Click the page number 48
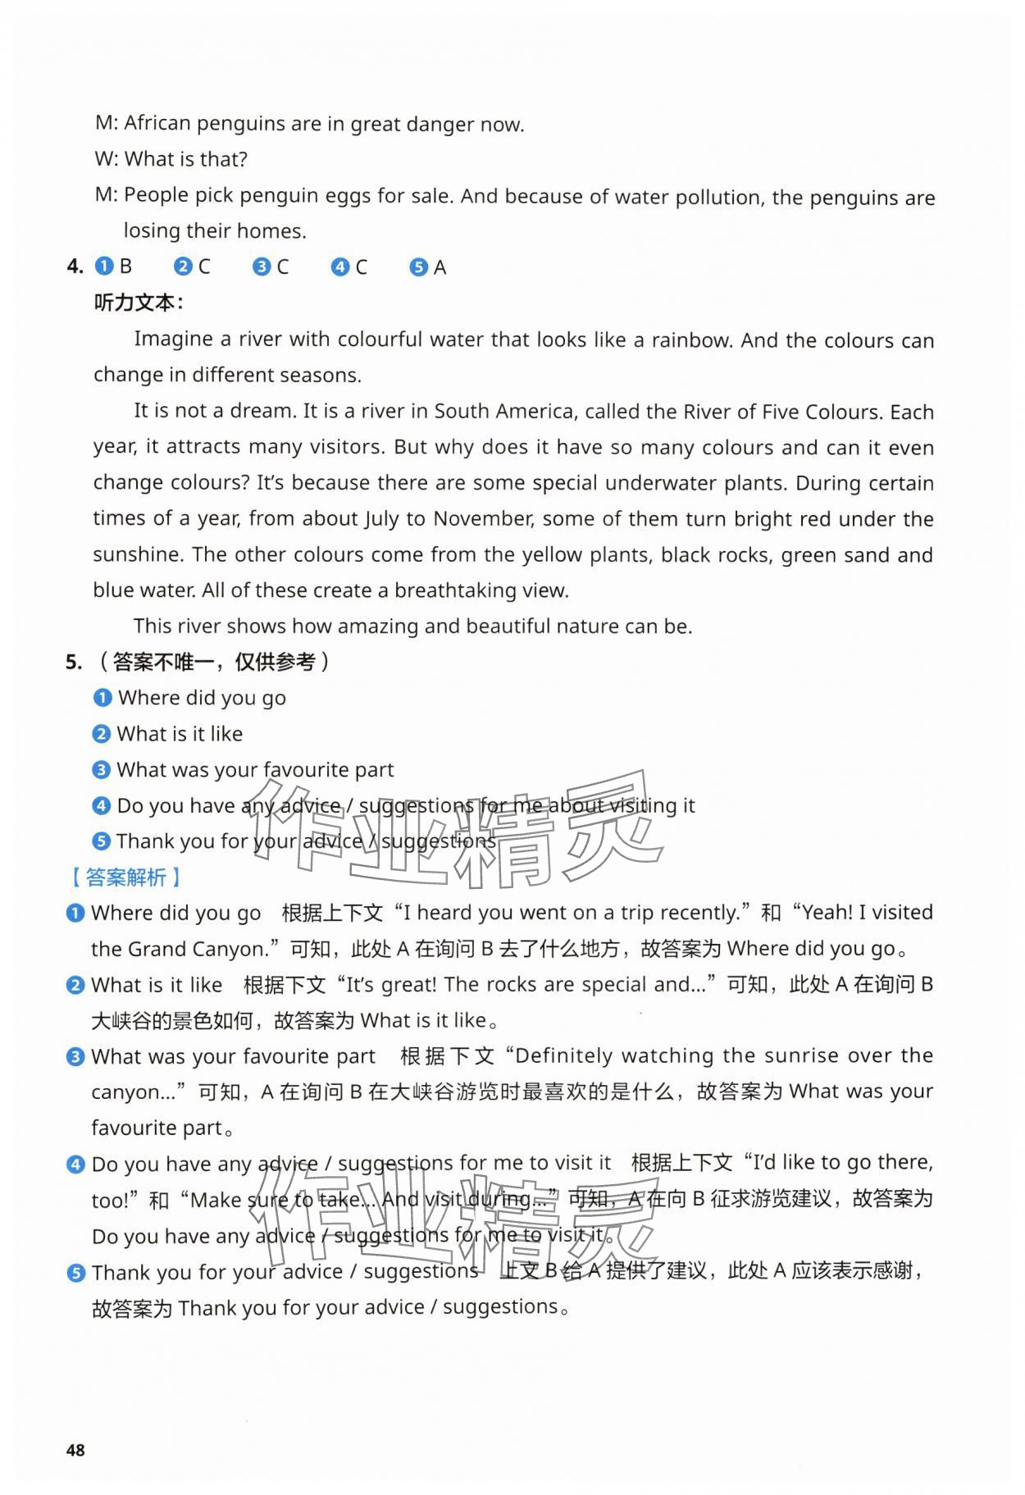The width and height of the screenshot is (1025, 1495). [75, 1450]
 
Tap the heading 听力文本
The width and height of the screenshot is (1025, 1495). [138, 303]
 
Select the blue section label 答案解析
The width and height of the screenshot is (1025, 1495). [125, 877]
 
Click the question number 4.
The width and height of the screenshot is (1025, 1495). [75, 267]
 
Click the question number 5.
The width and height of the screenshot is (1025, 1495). [74, 662]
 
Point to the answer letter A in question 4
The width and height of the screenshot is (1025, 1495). [440, 267]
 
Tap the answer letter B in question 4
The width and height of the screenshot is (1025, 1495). [125, 267]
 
